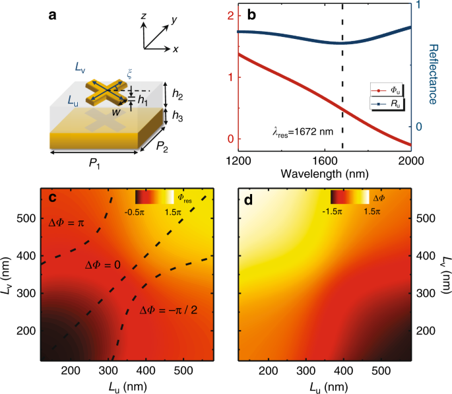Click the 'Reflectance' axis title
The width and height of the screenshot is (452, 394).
[x=434, y=74]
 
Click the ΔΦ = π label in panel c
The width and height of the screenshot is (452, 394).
[x=69, y=224]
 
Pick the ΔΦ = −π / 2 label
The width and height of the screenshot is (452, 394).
[x=166, y=310]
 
